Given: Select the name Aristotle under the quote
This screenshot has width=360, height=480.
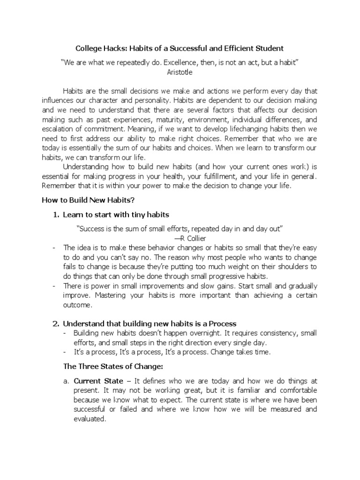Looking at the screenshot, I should pyautogui.click(x=180, y=72).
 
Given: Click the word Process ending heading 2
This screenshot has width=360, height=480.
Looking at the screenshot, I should pyautogui.click(x=220, y=323).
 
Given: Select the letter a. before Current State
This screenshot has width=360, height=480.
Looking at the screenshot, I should pyautogui.click(x=66, y=381).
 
